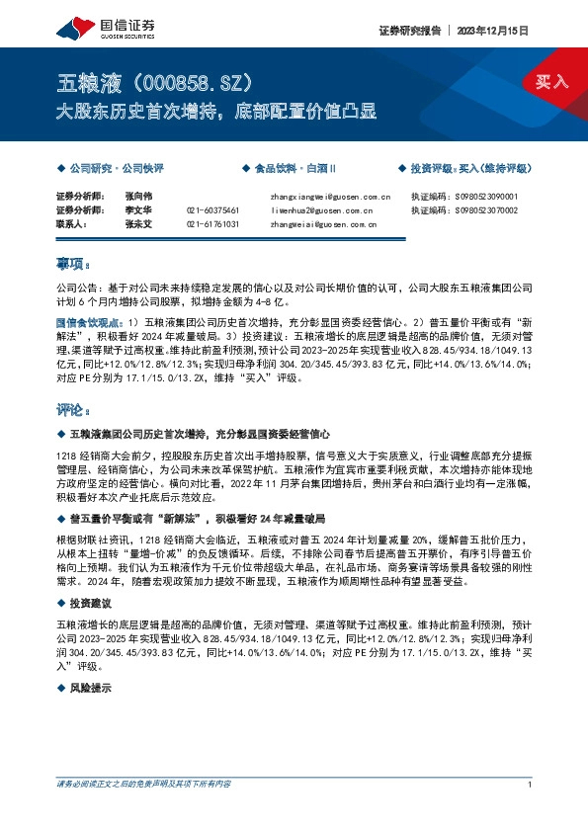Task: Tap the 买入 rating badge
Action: coord(550,81)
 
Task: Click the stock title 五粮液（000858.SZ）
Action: coord(157,80)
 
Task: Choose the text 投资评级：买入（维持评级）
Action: coord(470,169)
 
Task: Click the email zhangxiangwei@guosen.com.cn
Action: coord(330,197)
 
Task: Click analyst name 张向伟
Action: coord(139,197)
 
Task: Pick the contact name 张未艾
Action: coord(139,224)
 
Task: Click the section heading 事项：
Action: coord(73,264)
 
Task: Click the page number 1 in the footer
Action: coord(531,785)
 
